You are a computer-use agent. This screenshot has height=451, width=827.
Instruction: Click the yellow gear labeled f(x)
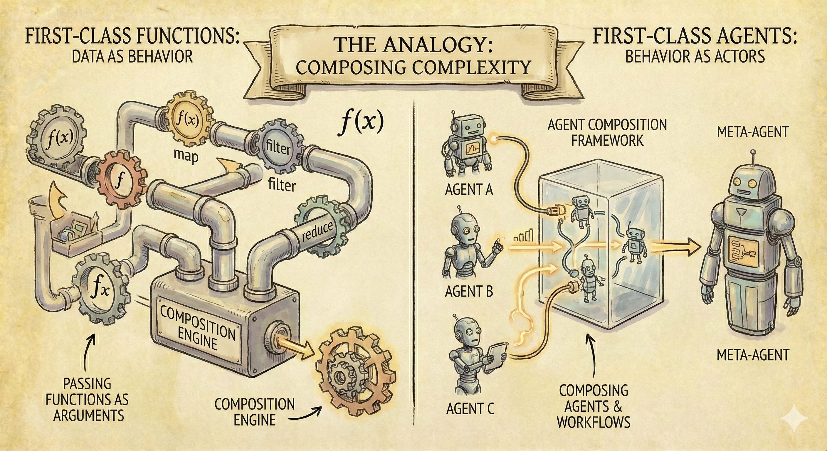(187, 121)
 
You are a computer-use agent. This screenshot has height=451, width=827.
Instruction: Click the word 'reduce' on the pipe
(317, 231)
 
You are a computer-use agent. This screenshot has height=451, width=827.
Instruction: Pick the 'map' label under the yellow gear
(185, 156)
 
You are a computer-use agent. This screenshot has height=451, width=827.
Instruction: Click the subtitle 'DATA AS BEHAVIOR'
(132, 57)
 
